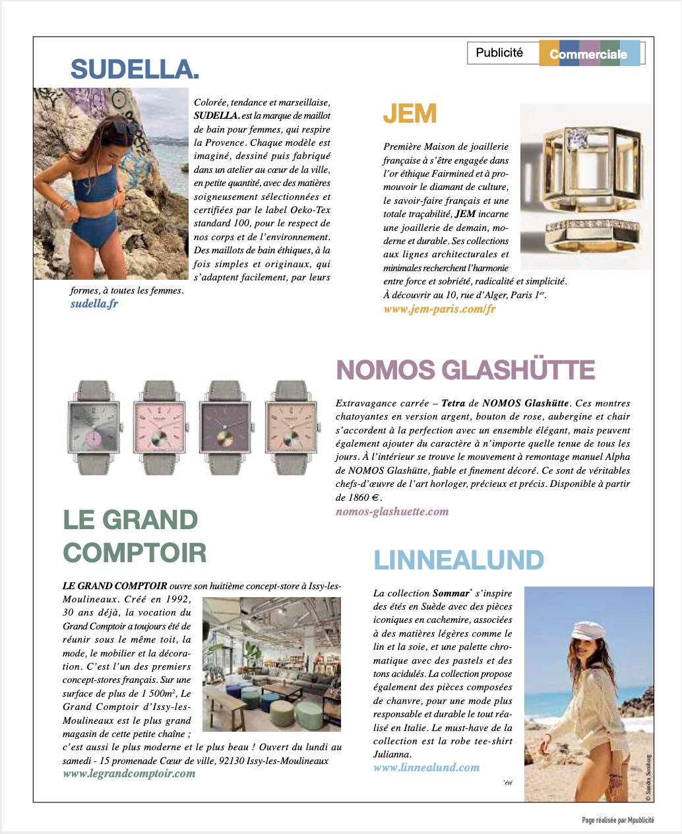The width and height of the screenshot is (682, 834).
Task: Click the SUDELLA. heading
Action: point(135,69)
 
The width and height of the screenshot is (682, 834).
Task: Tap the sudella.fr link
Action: point(94,304)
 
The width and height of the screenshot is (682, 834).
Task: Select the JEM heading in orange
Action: point(410,114)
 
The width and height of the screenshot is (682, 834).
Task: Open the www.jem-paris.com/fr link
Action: point(439,309)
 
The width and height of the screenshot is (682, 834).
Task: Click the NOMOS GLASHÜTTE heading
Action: point(466,370)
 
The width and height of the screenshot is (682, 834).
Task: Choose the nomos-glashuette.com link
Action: point(392,511)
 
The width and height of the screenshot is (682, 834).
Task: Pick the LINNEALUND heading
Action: point(458,561)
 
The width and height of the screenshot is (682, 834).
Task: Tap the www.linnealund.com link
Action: point(426,767)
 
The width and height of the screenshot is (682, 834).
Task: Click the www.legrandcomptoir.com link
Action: point(129,773)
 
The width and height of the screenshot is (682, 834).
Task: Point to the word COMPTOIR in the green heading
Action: point(135,553)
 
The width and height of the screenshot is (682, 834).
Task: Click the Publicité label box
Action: point(499,53)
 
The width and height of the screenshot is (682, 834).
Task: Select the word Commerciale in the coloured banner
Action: point(588,54)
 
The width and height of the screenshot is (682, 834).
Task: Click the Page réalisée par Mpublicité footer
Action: point(618,820)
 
